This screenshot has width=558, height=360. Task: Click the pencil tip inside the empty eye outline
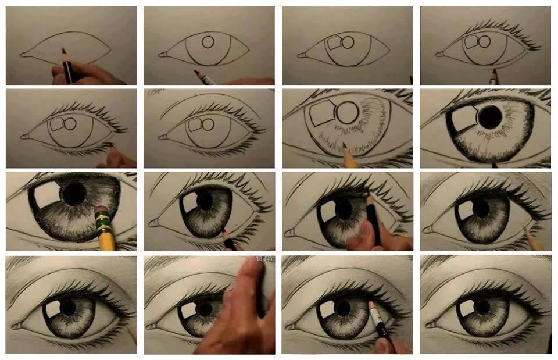coord(63,52)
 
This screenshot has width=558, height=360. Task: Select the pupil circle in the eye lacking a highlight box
coord(209,42)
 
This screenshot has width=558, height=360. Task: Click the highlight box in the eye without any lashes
coord(334,43)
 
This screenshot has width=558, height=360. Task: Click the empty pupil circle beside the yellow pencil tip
coord(347,112)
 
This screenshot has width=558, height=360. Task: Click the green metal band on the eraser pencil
coord(103,224)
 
